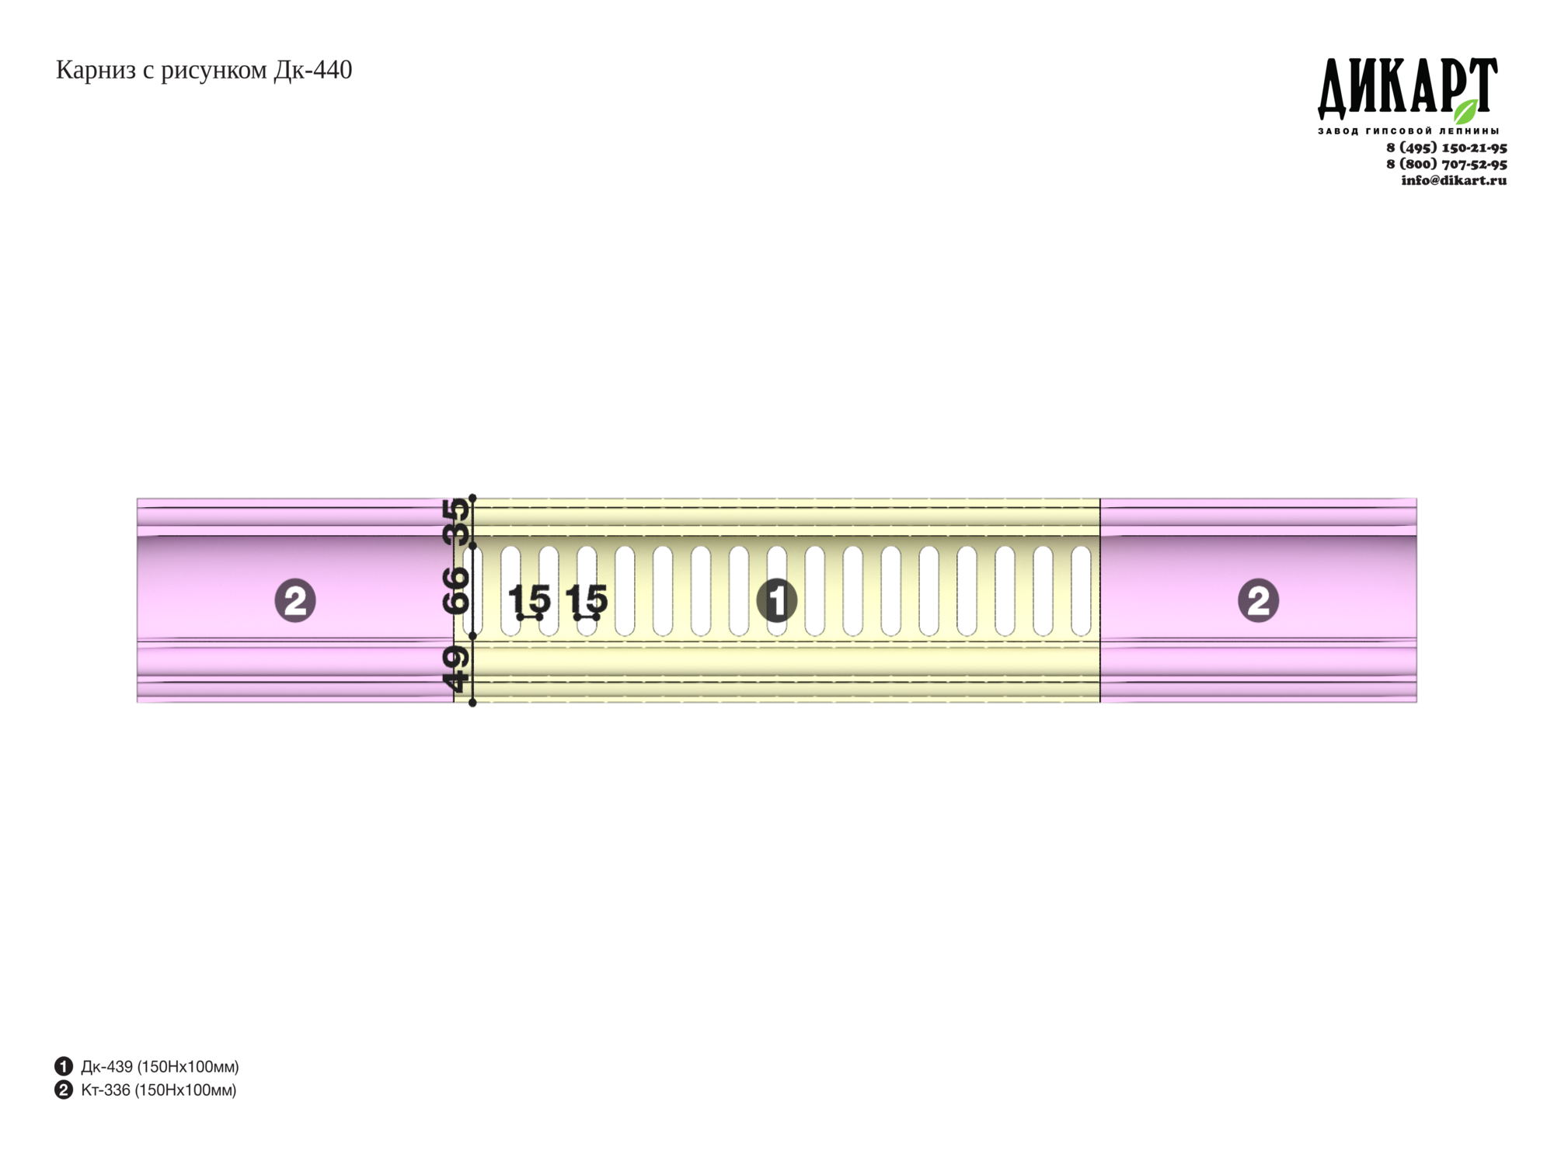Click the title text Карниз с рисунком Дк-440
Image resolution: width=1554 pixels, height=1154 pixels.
(x=204, y=71)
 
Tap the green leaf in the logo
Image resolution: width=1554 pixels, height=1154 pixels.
(x=1465, y=111)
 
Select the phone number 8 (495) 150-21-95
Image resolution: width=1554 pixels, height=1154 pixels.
(x=1447, y=148)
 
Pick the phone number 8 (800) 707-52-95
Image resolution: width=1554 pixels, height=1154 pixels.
(x=1447, y=164)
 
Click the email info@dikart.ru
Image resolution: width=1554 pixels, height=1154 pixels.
(x=1454, y=180)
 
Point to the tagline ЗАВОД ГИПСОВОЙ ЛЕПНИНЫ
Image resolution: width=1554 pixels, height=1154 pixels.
(x=1408, y=130)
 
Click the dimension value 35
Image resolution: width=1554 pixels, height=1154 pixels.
(x=457, y=521)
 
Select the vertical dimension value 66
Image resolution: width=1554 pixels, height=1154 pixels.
(x=457, y=590)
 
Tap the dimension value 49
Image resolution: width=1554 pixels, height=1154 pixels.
(x=456, y=669)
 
